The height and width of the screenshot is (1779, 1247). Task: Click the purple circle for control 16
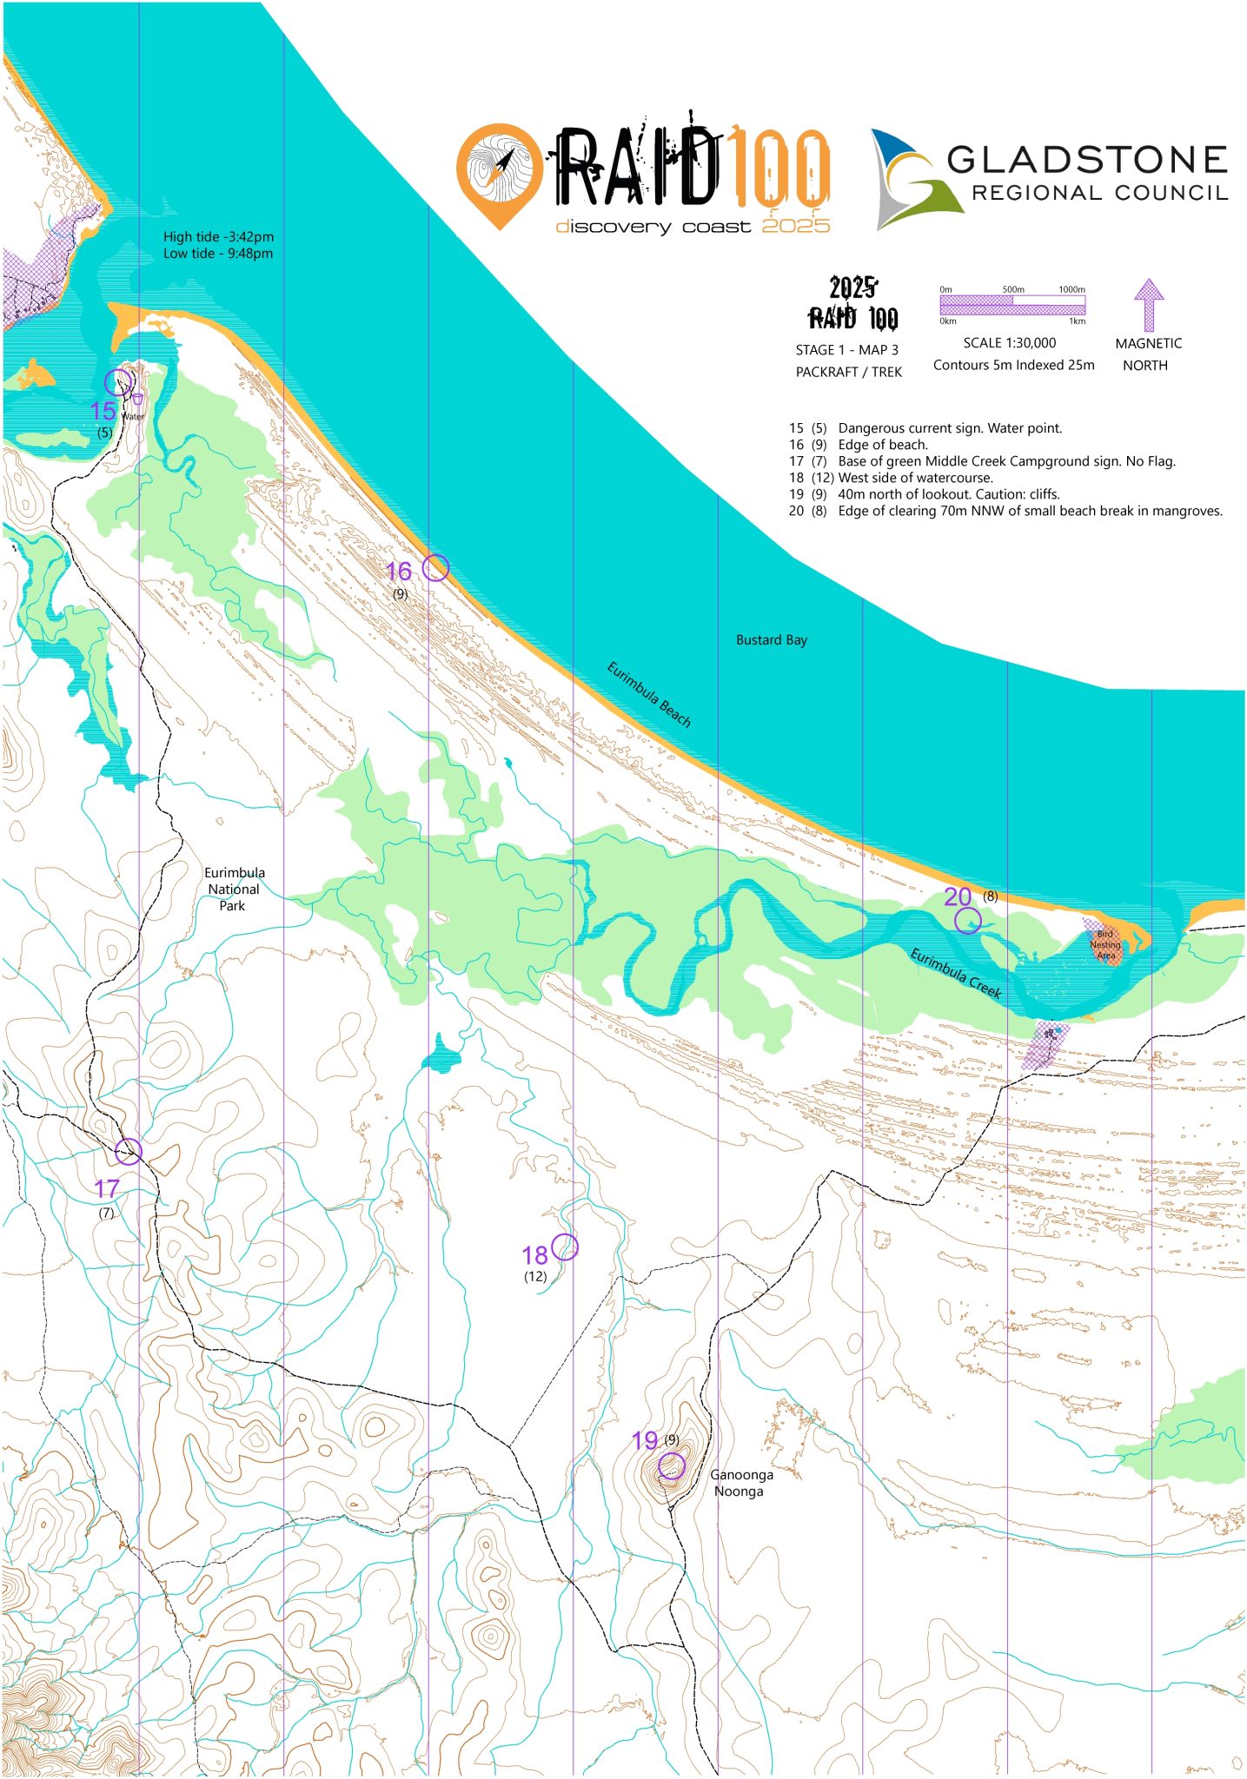[435, 568]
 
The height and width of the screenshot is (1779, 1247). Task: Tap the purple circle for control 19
[671, 1466]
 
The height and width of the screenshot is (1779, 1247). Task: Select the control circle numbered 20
[967, 921]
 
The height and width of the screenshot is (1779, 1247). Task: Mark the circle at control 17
[129, 1152]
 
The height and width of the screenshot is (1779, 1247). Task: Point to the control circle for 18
[565, 1247]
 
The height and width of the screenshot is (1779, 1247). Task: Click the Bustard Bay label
[771, 640]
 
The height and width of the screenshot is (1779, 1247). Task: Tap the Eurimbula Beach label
[648, 694]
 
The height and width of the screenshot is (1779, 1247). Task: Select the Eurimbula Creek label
[956, 973]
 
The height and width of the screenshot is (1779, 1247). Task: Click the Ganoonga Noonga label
[740, 1483]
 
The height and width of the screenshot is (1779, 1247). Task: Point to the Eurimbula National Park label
[234, 889]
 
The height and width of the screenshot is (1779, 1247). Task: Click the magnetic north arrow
[1148, 304]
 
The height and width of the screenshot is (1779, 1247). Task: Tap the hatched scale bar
[1012, 305]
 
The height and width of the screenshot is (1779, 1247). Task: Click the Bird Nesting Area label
[1105, 944]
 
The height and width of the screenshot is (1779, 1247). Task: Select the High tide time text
[218, 236]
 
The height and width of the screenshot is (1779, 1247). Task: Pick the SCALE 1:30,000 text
[1009, 343]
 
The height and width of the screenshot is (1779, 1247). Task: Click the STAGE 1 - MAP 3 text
[846, 350]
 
